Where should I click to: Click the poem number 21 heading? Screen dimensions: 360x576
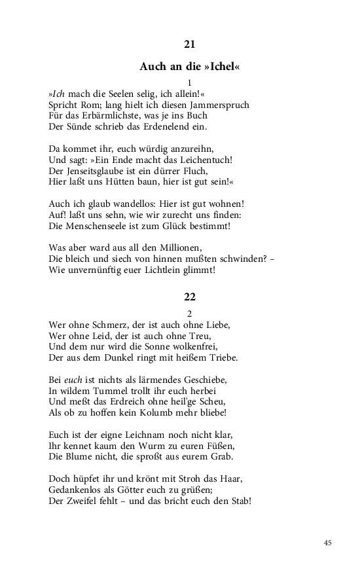[x=189, y=45]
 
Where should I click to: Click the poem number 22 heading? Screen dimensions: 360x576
[x=189, y=296]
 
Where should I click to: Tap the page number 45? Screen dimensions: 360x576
[x=328, y=543]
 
